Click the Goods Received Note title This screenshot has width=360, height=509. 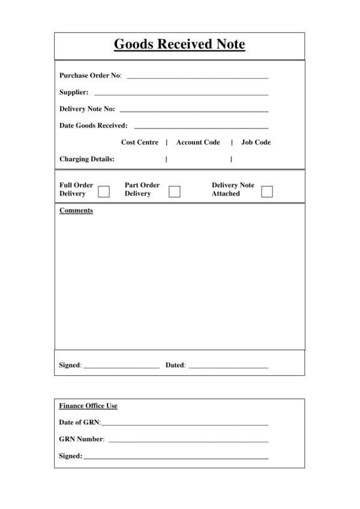179,44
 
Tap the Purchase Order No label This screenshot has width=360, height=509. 91,76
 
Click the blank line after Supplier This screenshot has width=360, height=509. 181,94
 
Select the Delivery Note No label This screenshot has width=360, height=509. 87,109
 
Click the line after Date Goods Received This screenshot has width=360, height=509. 201,128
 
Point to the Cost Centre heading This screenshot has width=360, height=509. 140,143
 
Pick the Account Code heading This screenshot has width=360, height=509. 198,143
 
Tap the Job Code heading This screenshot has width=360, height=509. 256,143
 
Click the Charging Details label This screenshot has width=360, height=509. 87,160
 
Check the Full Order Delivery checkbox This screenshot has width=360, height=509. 104,192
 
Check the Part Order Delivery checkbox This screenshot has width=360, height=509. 175,192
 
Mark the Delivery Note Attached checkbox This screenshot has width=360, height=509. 267,192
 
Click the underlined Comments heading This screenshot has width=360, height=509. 76,211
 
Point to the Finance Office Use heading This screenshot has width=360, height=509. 88,406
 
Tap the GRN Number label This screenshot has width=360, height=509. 82,439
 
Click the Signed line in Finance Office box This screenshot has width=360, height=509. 176,458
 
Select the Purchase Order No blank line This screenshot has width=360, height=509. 197,77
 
